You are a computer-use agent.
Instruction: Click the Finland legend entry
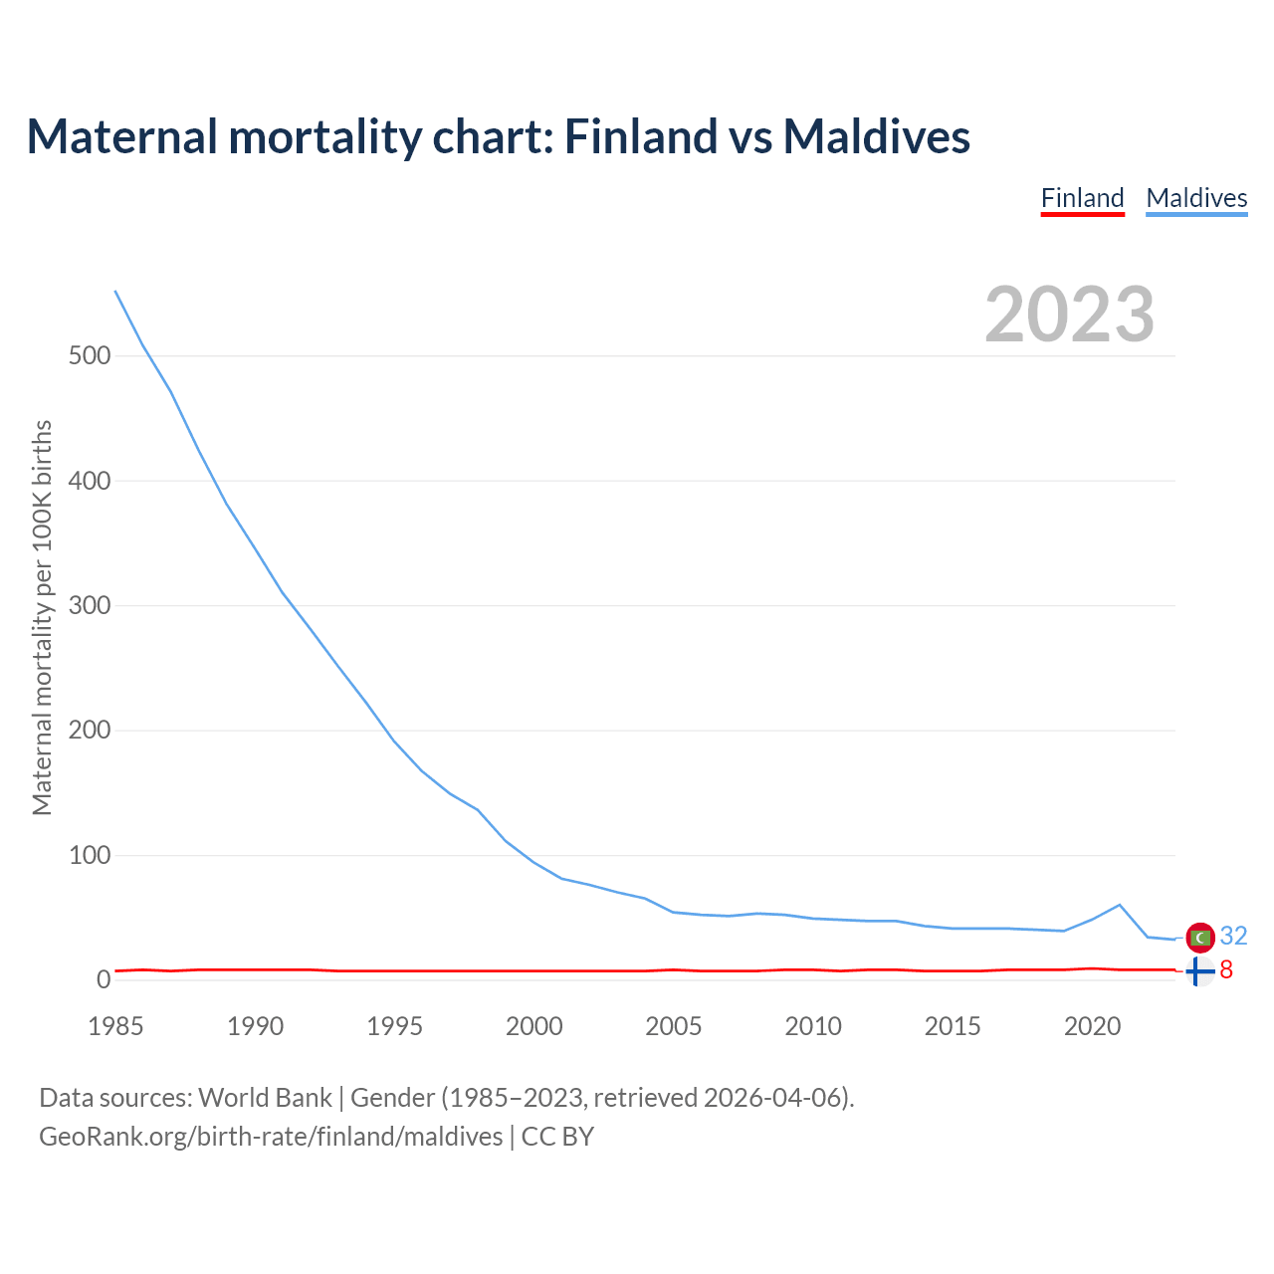tap(1082, 198)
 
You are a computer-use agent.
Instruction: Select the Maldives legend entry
tap(1196, 198)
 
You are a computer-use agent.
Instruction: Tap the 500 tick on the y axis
tap(90, 355)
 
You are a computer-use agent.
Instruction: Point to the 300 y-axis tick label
tap(90, 605)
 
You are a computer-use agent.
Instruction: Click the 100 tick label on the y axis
tap(90, 855)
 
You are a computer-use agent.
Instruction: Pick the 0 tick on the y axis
tap(104, 980)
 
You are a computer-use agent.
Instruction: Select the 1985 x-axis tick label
tap(115, 1026)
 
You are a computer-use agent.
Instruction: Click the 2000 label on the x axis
tap(534, 1026)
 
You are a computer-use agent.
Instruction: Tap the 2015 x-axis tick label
tap(953, 1026)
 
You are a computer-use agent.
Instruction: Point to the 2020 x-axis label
tap(1092, 1026)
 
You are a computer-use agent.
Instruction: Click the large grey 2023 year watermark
tap(1069, 315)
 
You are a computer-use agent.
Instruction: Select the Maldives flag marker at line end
tap(1200, 937)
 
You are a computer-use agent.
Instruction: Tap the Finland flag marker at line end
tap(1200, 969)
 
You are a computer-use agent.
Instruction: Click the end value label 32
tap(1233, 936)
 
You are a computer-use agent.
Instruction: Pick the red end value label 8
tap(1226, 969)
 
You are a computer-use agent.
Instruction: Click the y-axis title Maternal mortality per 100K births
tap(42, 617)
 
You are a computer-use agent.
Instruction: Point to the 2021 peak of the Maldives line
tap(1120, 905)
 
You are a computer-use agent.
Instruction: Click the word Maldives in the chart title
tap(876, 136)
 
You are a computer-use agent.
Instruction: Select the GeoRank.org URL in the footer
tap(271, 1136)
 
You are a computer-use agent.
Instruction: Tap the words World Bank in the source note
tap(265, 1097)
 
